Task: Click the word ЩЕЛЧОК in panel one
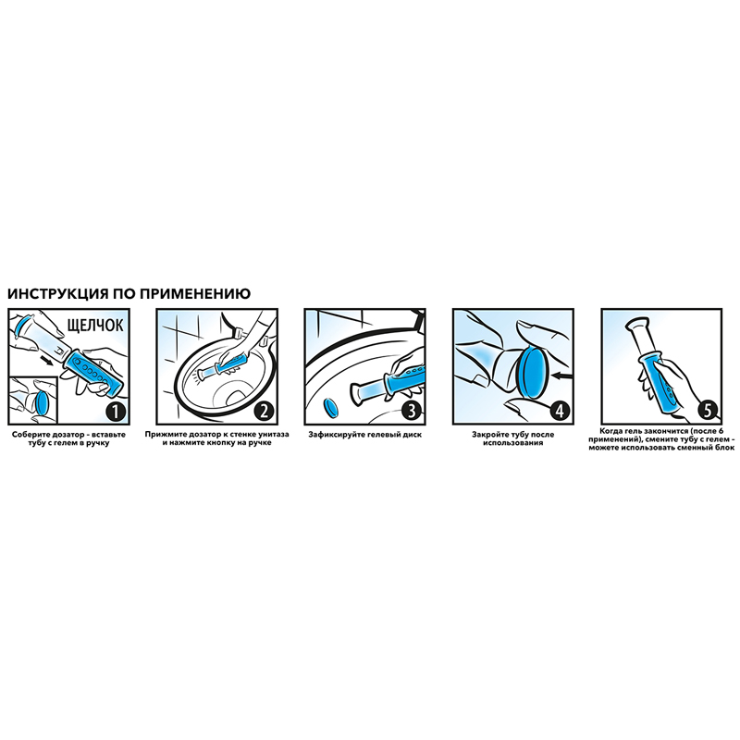(95, 326)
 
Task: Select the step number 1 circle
(117, 412)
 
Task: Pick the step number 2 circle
(264, 412)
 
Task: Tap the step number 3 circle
(412, 412)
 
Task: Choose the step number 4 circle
(560, 412)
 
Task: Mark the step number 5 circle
(708, 412)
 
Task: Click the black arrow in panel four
(562, 376)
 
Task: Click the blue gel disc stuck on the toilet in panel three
(331, 408)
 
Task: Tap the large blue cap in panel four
(534, 374)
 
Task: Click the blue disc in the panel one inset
(41, 403)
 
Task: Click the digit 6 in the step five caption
(721, 431)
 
